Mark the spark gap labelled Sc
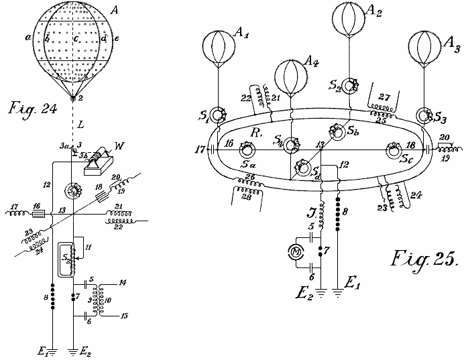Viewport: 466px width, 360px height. pos(394,150)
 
